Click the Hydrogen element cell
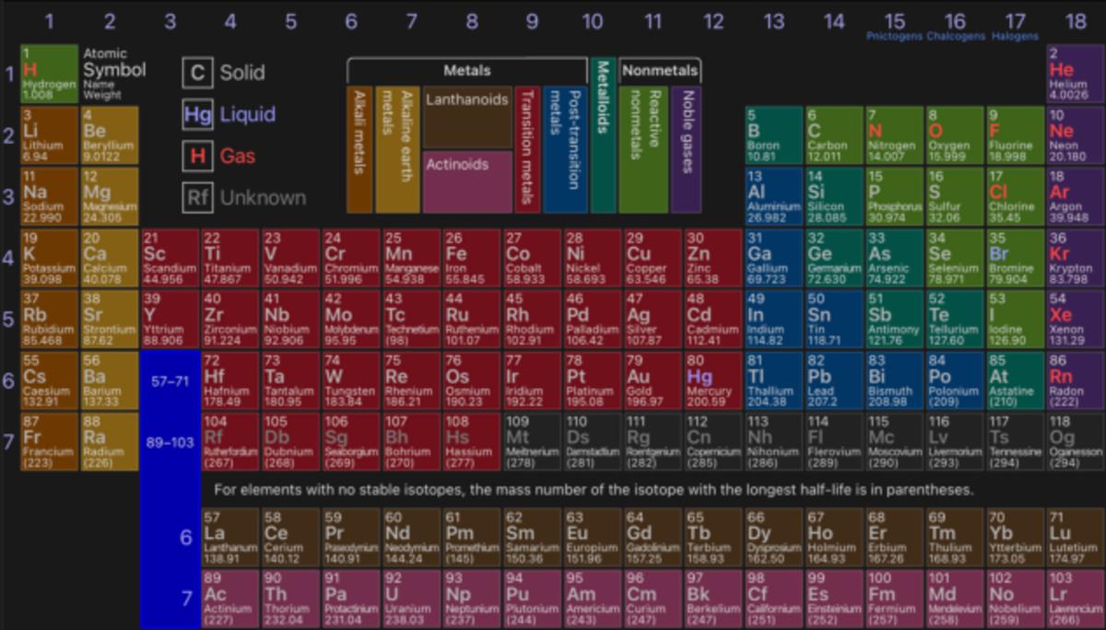pyautogui.click(x=49, y=73)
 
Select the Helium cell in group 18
pyautogui.click(x=1075, y=73)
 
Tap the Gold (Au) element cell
pyautogui.click(x=653, y=380)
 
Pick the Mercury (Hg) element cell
pyautogui.click(x=713, y=380)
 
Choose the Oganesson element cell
pyautogui.click(x=1075, y=441)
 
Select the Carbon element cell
pyautogui.click(x=834, y=135)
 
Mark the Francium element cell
pyautogui.click(x=49, y=441)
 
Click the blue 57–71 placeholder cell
pyautogui.click(x=170, y=379)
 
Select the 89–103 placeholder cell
pyautogui.click(x=170, y=442)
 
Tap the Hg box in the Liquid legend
pyautogui.click(x=197, y=114)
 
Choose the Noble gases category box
pyautogui.click(x=686, y=147)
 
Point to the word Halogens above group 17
pyautogui.click(x=1015, y=36)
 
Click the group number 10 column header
pyautogui.click(x=593, y=20)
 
